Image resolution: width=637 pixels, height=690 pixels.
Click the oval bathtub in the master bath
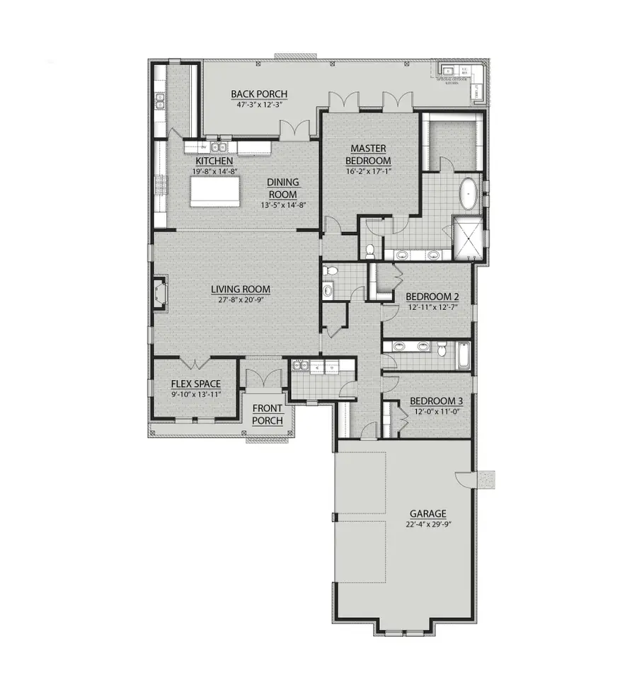click(x=469, y=193)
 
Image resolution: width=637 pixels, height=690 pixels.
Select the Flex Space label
click(x=196, y=384)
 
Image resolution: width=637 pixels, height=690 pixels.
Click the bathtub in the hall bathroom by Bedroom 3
click(x=463, y=354)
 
